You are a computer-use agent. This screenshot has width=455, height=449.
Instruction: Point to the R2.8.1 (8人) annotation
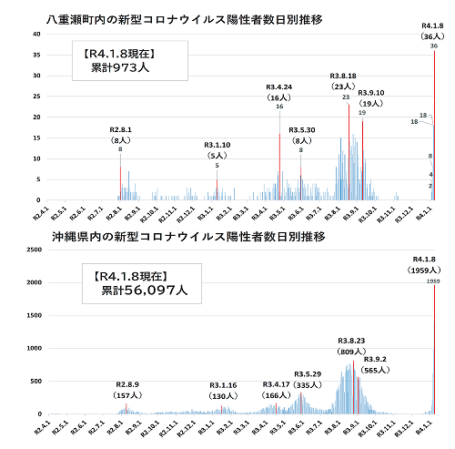pos(120,136)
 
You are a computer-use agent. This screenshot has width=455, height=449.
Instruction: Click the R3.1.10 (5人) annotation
pos(217,150)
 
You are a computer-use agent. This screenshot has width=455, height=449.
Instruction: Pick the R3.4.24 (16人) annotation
pos(278,92)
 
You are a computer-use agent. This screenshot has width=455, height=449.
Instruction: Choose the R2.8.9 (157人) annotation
pos(127,390)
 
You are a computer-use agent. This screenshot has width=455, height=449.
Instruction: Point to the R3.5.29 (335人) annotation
pos(308,379)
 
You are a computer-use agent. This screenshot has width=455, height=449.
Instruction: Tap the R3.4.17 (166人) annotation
pos(277,389)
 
